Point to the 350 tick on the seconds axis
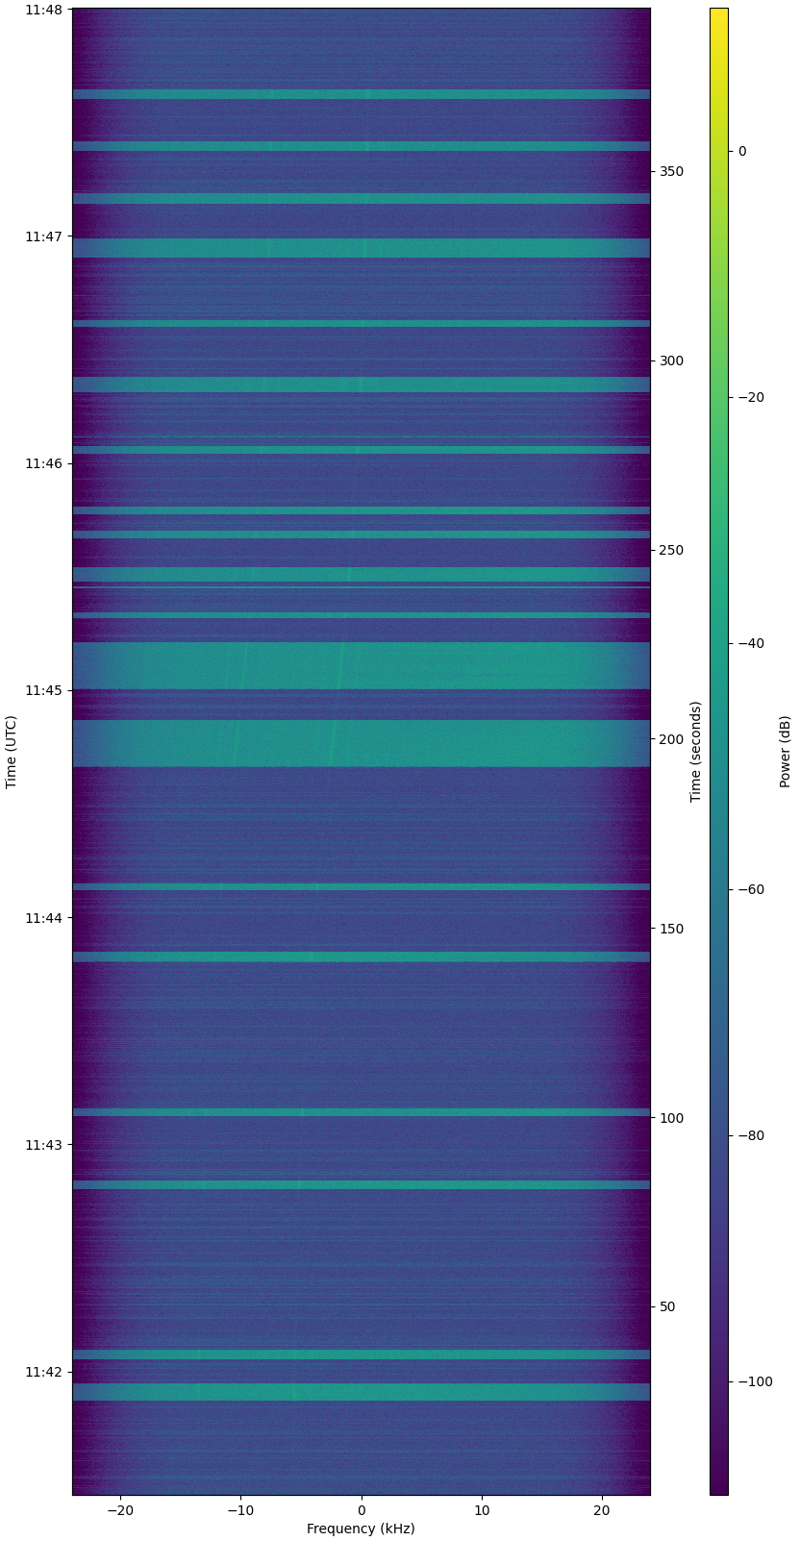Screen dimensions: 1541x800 point(671,171)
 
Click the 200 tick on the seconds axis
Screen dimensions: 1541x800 point(671,739)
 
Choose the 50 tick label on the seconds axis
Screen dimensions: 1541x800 point(667,1306)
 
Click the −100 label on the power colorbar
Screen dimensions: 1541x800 point(755,1381)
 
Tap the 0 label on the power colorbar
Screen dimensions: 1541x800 point(742,151)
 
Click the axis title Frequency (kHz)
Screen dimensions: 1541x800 point(361,1529)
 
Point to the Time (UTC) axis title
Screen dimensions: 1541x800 point(12,752)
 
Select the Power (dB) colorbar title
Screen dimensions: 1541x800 point(786,752)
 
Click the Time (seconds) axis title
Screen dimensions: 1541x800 point(696,752)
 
